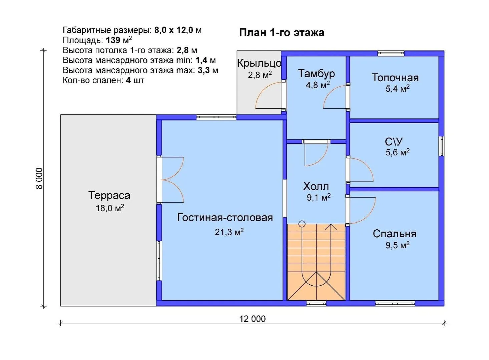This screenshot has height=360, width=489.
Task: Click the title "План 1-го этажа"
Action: click(x=282, y=33)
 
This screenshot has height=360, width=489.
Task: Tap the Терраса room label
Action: click(x=109, y=195)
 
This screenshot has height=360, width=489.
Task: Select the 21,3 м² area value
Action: click(x=229, y=232)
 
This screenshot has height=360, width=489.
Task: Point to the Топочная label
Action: click(x=395, y=78)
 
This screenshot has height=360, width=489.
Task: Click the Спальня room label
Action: click(x=395, y=234)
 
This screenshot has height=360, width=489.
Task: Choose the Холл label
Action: click(x=316, y=187)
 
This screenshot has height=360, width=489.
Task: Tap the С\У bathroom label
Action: click(x=394, y=142)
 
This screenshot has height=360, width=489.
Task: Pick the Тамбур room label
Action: click(x=316, y=74)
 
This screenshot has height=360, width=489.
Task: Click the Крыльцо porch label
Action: click(x=259, y=63)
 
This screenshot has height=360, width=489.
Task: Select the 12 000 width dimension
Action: click(x=253, y=319)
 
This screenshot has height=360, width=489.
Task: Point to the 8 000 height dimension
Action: click(x=39, y=178)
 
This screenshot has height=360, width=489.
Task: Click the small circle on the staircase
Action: click(x=302, y=224)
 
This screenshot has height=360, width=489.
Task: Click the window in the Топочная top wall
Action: click(x=391, y=53)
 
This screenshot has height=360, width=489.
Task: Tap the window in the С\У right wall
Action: click(x=441, y=146)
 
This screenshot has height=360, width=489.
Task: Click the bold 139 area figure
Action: click(x=113, y=40)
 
